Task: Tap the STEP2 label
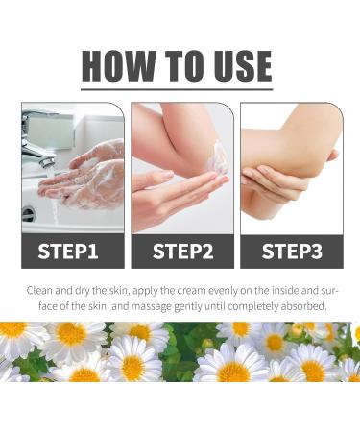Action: [x=182, y=252]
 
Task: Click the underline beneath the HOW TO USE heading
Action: [x=177, y=89]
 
